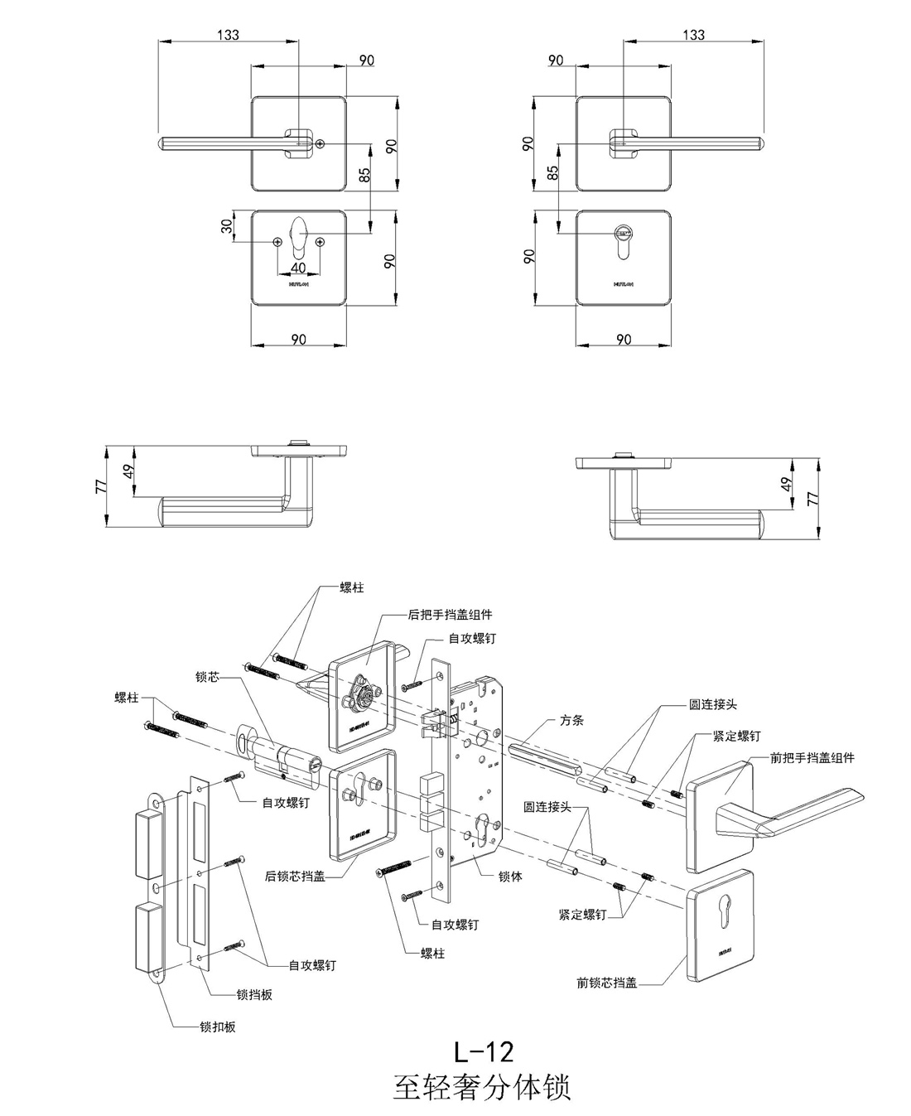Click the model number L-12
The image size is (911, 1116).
pyautogui.click(x=484, y=1051)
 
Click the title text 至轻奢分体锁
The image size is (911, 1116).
pyautogui.click(x=482, y=1086)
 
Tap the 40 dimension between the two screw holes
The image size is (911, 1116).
pyautogui.click(x=298, y=268)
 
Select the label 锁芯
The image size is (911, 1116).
pyautogui.click(x=207, y=677)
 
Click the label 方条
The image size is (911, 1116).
pyautogui.click(x=571, y=720)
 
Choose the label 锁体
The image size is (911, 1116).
pyautogui.click(x=510, y=876)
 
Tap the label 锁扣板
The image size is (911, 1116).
pyautogui.click(x=218, y=1027)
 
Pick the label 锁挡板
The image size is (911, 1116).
pyautogui.click(x=254, y=994)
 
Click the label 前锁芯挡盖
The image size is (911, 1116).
pyautogui.click(x=606, y=983)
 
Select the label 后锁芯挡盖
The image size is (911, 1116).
pyautogui.click(x=294, y=875)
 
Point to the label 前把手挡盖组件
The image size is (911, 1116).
pyautogui.click(x=812, y=757)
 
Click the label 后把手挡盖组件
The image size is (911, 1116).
pyautogui.click(x=450, y=615)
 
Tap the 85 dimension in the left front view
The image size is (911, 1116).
pyautogui.click(x=364, y=176)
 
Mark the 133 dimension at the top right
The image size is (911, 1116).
pyautogui.click(x=693, y=35)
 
